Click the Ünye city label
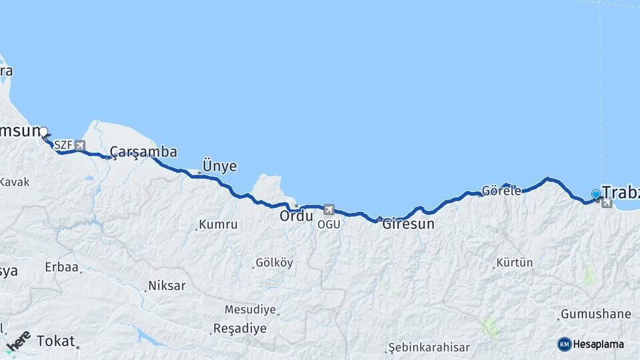(219, 167)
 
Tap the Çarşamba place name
(143, 152)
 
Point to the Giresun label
(408, 224)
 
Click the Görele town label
(501, 191)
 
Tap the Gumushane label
(595, 314)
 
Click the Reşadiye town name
(239, 329)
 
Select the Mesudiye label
(249, 309)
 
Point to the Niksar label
(167, 286)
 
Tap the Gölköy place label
(275, 263)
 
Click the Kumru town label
(219, 225)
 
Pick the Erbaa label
(62, 267)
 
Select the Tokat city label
(56, 341)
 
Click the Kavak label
(15, 182)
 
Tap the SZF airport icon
(80, 145)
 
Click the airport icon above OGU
(329, 209)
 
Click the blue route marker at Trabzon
(596, 194)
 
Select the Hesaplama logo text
(599, 344)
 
